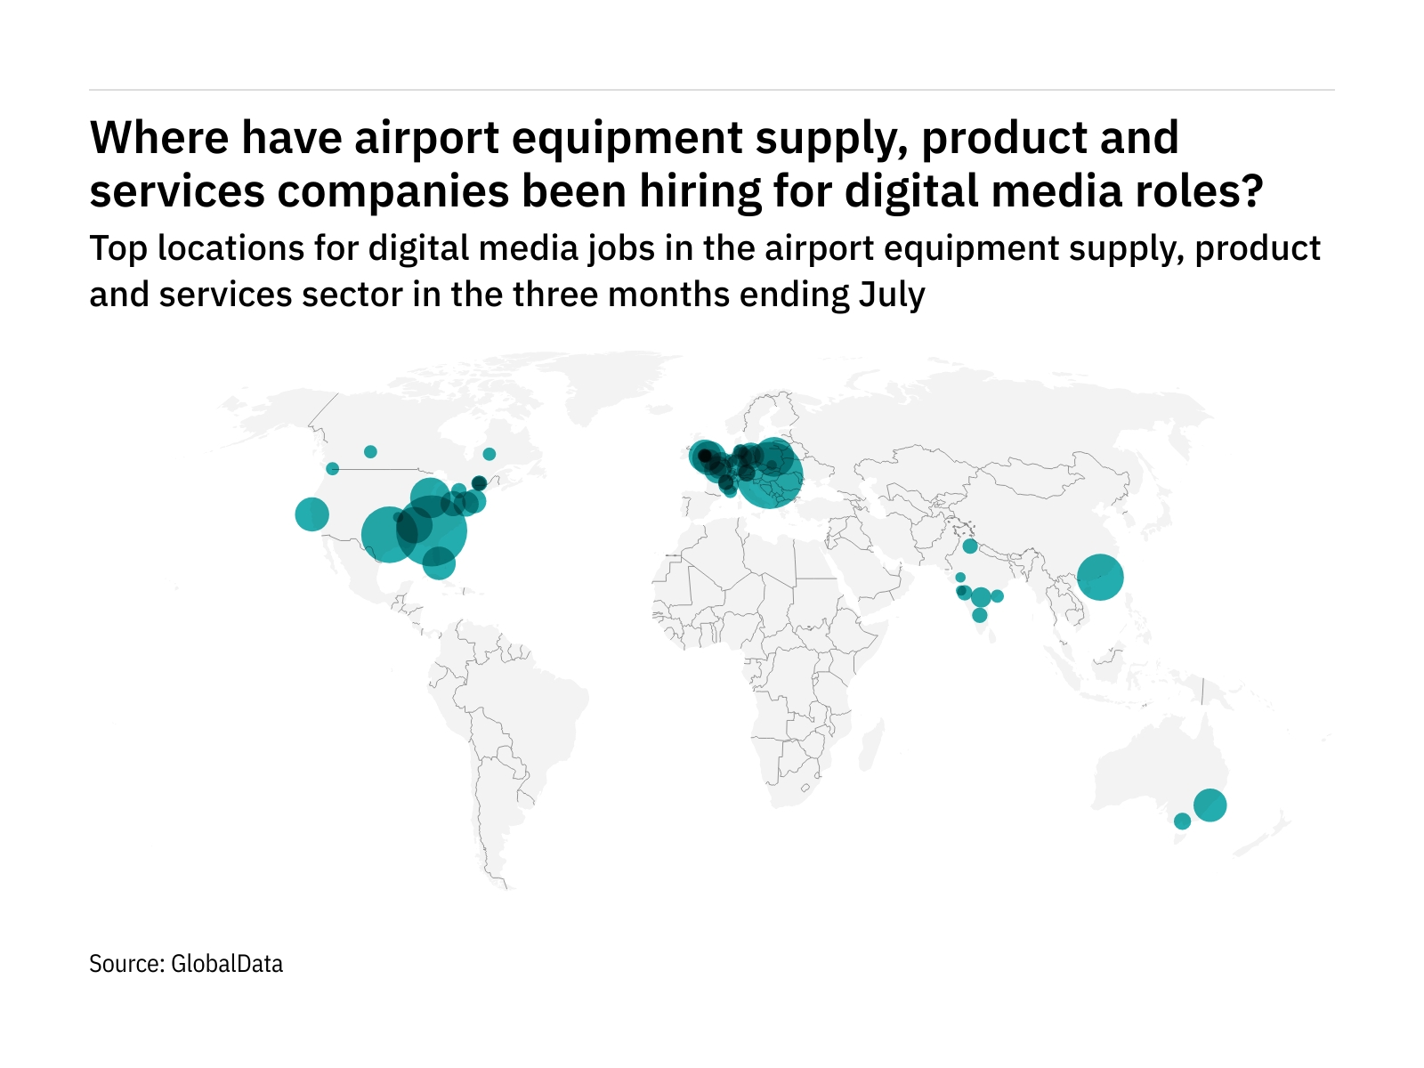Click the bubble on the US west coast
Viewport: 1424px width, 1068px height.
click(x=311, y=514)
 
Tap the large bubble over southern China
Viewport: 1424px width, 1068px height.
click(x=1100, y=577)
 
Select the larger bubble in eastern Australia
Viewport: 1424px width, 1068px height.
click(x=1210, y=805)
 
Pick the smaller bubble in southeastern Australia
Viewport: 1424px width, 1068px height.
click(x=1182, y=821)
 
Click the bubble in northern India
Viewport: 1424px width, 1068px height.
click(x=970, y=546)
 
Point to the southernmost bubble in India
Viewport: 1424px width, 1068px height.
click(x=980, y=615)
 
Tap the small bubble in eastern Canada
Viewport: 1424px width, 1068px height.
click(x=489, y=454)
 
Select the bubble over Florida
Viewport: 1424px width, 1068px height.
click(x=438, y=562)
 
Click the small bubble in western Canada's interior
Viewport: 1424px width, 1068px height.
click(x=370, y=451)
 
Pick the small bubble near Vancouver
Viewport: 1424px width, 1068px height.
click(x=332, y=468)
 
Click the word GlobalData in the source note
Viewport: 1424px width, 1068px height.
click(x=227, y=964)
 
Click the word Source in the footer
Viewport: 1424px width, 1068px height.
click(x=125, y=964)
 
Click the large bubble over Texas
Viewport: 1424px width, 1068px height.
click(x=388, y=535)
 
